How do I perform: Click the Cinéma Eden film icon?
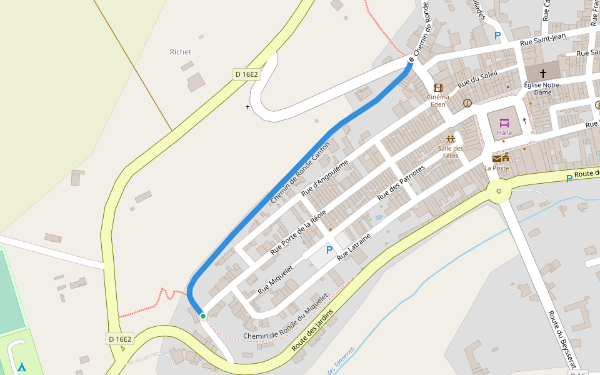click(x=437, y=87)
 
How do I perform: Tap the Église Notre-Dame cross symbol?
click(x=542, y=73)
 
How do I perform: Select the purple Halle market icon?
click(x=504, y=122)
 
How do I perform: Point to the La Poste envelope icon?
click(x=497, y=158)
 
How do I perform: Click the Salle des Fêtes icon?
click(x=450, y=139)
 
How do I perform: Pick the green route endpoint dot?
click(x=203, y=316)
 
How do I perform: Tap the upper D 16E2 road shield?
click(x=246, y=74)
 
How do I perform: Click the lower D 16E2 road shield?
click(x=120, y=339)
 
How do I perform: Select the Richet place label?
click(x=181, y=52)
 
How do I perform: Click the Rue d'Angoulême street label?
click(x=324, y=177)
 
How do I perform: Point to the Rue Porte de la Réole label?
click(x=298, y=232)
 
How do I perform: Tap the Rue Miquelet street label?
click(x=276, y=279)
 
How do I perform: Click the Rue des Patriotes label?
click(x=401, y=182)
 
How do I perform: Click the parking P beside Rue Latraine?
click(x=329, y=250)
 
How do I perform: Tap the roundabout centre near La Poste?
click(x=498, y=191)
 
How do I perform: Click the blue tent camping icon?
click(x=22, y=367)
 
